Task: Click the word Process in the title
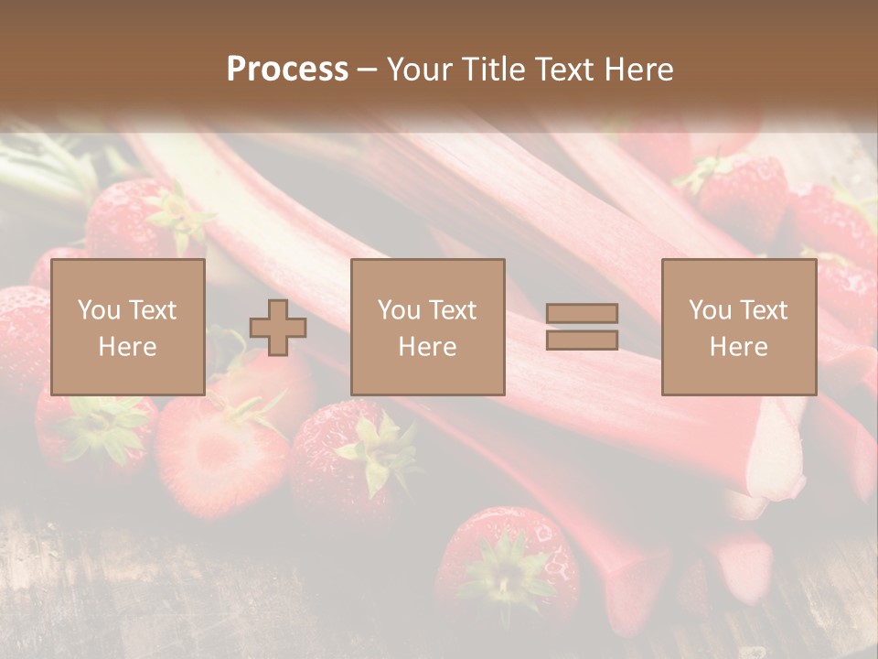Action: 287,70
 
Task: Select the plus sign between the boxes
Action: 278,328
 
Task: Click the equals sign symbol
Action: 582,327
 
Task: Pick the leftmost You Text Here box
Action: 127,328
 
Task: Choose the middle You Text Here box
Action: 427,328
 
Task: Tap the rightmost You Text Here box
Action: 738,328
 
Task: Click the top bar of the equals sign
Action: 582,314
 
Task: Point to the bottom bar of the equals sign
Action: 582,340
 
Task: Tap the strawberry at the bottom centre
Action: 508,567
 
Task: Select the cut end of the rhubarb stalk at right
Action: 777,458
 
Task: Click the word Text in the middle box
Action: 452,310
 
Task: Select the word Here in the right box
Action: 738,346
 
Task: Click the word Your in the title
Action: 421,70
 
